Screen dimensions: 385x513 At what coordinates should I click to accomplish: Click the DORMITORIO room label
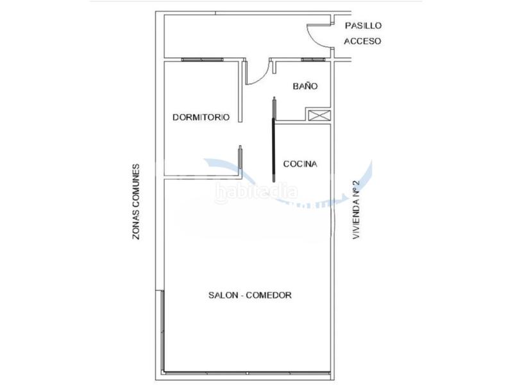(201, 117)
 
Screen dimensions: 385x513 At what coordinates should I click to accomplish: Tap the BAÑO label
(305, 86)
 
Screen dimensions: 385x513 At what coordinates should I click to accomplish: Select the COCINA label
(300, 164)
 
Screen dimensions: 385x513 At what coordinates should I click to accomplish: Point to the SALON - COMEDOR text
(250, 296)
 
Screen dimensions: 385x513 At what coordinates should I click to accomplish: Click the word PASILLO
(363, 26)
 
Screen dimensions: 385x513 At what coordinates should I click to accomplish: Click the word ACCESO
(363, 41)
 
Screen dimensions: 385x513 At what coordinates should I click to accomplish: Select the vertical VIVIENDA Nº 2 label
(357, 209)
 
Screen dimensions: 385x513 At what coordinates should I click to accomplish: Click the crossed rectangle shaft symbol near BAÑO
(319, 115)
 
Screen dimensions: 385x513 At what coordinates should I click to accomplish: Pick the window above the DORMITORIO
(202, 60)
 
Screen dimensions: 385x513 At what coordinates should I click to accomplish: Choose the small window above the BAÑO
(314, 60)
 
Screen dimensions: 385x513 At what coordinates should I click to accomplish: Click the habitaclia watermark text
(256, 191)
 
